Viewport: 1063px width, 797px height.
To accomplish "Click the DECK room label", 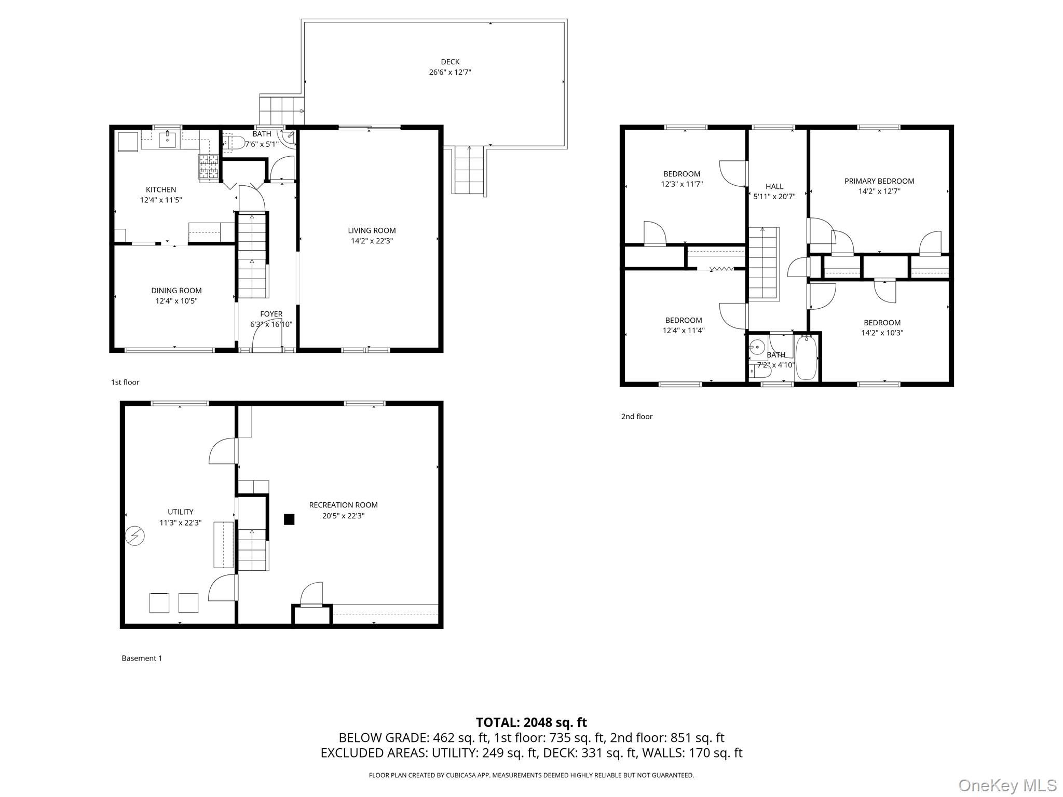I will coord(450,62).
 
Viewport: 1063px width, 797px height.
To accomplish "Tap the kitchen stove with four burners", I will coord(209,167).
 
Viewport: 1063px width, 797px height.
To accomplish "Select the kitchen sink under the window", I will coord(168,140).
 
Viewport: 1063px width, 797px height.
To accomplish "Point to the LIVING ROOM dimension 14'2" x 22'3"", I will coord(372,241).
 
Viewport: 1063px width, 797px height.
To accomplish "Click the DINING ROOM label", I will coord(176,291).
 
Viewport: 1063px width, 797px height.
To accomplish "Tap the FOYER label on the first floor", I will coord(271,314).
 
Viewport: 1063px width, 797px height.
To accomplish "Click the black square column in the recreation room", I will coord(289,519).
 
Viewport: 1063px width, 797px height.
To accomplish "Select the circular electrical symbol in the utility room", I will coord(135,536).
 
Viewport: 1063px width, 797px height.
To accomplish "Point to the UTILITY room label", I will coord(180,512).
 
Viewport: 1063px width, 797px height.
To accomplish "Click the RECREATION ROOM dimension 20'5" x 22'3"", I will coord(343,516).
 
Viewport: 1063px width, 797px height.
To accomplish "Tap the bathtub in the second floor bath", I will coord(806,358).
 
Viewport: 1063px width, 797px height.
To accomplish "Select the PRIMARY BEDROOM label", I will coord(879,181).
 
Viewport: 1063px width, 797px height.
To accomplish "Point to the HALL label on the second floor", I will coord(774,186).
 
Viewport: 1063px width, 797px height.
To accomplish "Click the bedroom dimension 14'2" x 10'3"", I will coord(882,333).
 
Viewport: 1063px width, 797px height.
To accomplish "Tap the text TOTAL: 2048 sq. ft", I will coord(531,722).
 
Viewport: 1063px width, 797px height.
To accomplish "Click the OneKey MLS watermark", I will coord(1007,785).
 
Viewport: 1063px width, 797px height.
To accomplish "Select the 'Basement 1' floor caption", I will coord(142,658).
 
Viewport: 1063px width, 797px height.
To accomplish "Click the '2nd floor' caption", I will coord(636,416).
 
